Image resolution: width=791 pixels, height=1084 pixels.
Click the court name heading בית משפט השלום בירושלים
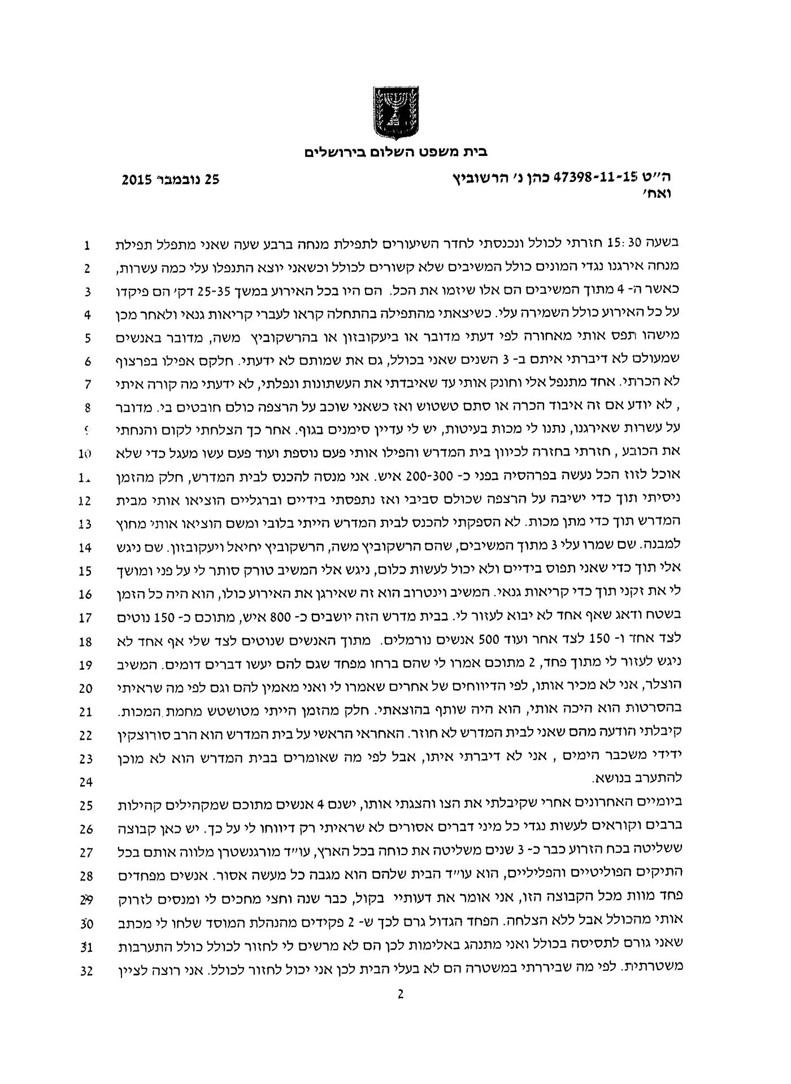click(395, 151)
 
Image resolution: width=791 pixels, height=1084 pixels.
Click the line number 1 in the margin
click(87, 246)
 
